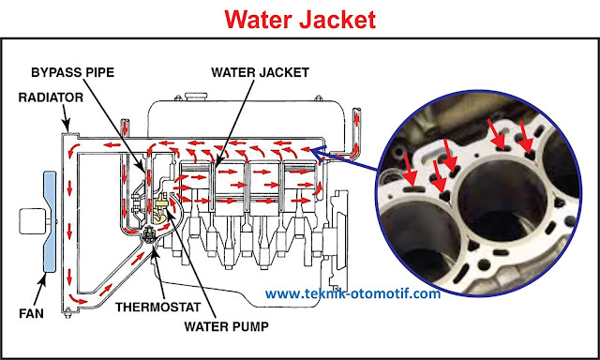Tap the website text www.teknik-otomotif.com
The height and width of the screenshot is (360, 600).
(352, 293)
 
